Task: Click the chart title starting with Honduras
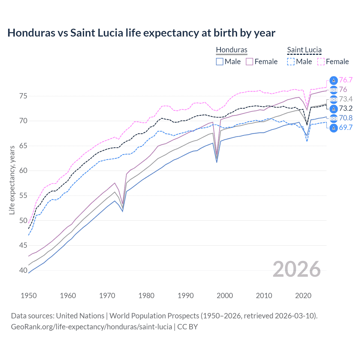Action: coord(141,33)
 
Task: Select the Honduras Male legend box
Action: coord(220,62)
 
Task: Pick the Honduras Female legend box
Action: coord(249,62)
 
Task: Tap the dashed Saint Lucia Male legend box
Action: coord(291,62)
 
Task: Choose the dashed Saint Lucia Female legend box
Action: coord(321,62)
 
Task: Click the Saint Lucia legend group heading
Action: coord(304,50)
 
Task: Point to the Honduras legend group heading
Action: coord(231,50)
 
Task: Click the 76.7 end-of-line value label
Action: coord(346,80)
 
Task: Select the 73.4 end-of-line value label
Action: coord(346,99)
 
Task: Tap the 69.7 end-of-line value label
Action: coord(346,127)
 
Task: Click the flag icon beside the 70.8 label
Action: coord(334,118)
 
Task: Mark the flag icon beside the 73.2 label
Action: coord(334,109)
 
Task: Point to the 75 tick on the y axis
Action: coord(23,96)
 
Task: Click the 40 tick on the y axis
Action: coord(23,271)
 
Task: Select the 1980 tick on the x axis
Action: coord(146,296)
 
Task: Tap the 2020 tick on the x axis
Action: coord(303,296)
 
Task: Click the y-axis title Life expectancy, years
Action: coord(12,180)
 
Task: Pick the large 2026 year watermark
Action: coord(296,269)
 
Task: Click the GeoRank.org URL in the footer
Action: coord(91,327)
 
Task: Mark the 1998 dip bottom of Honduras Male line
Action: coord(217,162)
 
